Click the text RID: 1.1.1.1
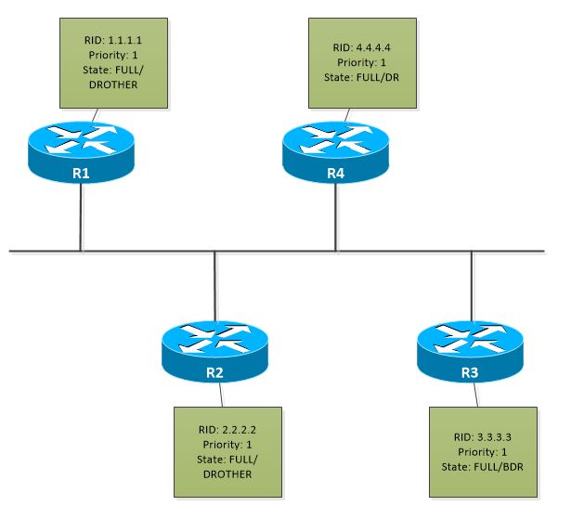(112, 41)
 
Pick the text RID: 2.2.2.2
(227, 430)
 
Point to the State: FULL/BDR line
(482, 465)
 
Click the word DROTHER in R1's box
(112, 84)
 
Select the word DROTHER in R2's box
(227, 474)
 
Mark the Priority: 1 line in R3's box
(482, 451)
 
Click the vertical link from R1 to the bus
(82, 218)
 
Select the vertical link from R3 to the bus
(471, 283)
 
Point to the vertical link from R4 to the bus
(335, 218)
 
